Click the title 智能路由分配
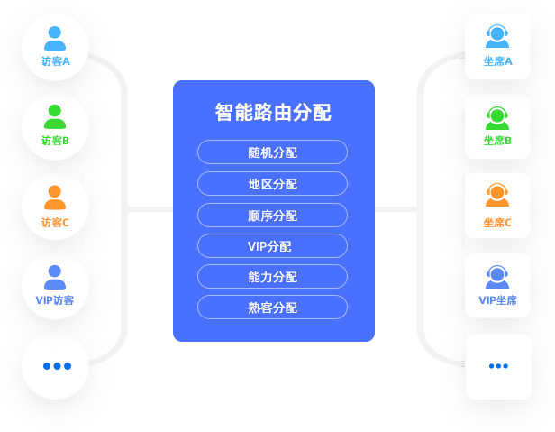click(x=273, y=113)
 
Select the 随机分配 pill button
click(x=272, y=152)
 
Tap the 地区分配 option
click(x=272, y=184)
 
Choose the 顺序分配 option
click(x=272, y=216)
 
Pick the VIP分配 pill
click(x=272, y=246)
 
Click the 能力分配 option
click(x=272, y=277)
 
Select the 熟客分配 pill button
click(x=272, y=308)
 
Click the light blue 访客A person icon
click(x=55, y=38)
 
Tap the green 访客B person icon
click(x=55, y=117)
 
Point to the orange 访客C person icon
click(x=55, y=198)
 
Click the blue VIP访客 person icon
click(x=55, y=277)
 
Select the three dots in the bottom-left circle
click(x=56, y=366)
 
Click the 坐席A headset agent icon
click(x=497, y=36)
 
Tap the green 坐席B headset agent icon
click(x=497, y=116)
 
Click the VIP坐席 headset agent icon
click(x=497, y=275)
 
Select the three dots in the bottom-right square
click(x=498, y=366)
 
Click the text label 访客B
click(x=55, y=141)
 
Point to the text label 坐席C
click(x=497, y=223)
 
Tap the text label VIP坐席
click(x=497, y=300)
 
